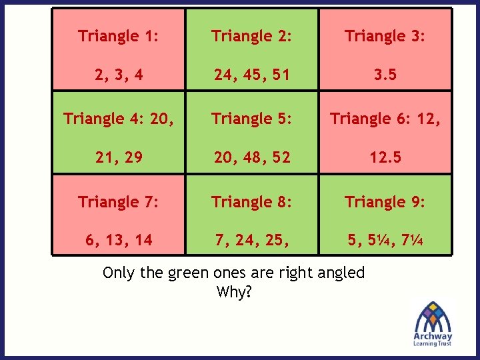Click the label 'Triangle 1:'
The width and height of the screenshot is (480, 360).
pos(118,36)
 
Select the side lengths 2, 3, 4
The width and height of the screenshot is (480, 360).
pos(118,75)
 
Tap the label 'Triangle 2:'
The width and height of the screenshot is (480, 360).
pos(252,36)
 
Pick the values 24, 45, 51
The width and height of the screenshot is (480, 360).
pos(252,75)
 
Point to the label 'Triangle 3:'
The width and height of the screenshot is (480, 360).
pos(385,36)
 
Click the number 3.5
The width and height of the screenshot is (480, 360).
pos(385,75)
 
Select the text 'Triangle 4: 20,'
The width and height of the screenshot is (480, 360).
pos(118,119)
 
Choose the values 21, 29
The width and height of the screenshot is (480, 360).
pos(118,157)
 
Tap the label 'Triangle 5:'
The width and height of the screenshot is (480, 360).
pos(252,119)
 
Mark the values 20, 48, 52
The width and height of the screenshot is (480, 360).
pos(252,157)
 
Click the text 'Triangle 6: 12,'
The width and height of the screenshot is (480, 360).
pos(385,119)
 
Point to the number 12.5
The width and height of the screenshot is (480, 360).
pos(385,157)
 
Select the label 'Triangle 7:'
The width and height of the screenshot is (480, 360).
pos(118,201)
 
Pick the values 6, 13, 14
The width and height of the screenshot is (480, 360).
pos(118,240)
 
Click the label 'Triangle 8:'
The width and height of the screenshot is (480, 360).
pos(252,201)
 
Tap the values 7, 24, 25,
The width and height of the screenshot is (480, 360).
pos(252,240)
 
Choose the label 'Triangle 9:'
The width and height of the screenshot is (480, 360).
pos(385,201)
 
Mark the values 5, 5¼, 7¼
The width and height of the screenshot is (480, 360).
pos(385,240)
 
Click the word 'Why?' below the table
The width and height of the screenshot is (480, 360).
pos(234,292)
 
